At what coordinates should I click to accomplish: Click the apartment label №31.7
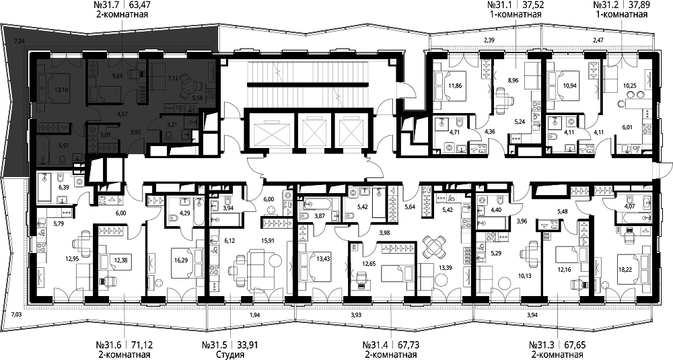click(x=106, y=5)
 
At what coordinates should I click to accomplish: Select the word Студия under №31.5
click(x=230, y=355)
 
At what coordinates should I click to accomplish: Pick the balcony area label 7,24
click(x=19, y=42)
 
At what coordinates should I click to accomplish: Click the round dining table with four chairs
click(x=431, y=246)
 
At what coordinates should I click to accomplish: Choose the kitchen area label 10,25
click(x=629, y=85)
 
